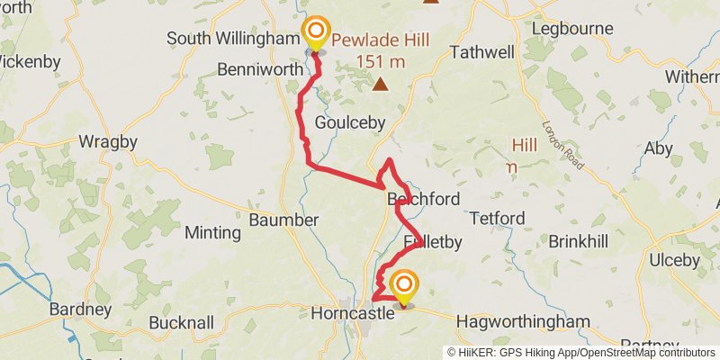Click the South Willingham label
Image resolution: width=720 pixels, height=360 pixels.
click(x=233, y=39)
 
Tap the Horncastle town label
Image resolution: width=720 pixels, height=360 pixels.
click(x=352, y=313)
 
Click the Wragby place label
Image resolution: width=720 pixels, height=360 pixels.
click(x=108, y=141)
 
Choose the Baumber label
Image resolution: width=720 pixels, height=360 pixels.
click(x=283, y=220)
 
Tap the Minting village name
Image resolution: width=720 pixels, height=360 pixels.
click(x=212, y=232)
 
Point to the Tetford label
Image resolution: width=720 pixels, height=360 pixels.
click(x=497, y=219)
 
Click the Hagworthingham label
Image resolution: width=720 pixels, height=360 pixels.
click(x=523, y=321)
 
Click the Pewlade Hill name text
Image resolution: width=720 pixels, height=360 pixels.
click(x=379, y=40)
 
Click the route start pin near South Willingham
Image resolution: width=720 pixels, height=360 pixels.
click(x=315, y=33)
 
